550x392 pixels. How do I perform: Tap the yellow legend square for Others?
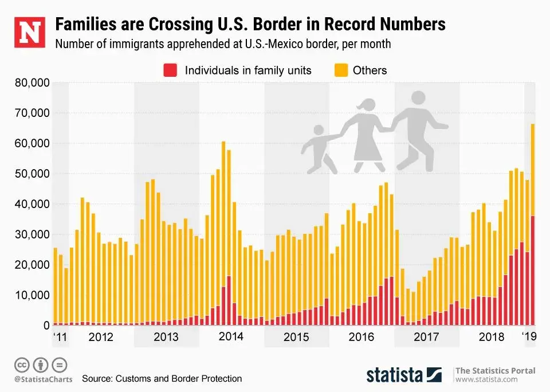[340, 70]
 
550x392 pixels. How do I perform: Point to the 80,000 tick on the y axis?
[32, 83]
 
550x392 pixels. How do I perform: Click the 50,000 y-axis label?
[32, 174]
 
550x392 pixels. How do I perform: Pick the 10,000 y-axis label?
[32, 295]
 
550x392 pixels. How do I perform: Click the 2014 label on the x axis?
[231, 336]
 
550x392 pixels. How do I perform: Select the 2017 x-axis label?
[426, 336]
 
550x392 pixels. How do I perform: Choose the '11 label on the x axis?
[60, 336]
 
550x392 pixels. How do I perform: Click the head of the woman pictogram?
[364, 106]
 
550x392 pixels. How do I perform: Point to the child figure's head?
[318, 131]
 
